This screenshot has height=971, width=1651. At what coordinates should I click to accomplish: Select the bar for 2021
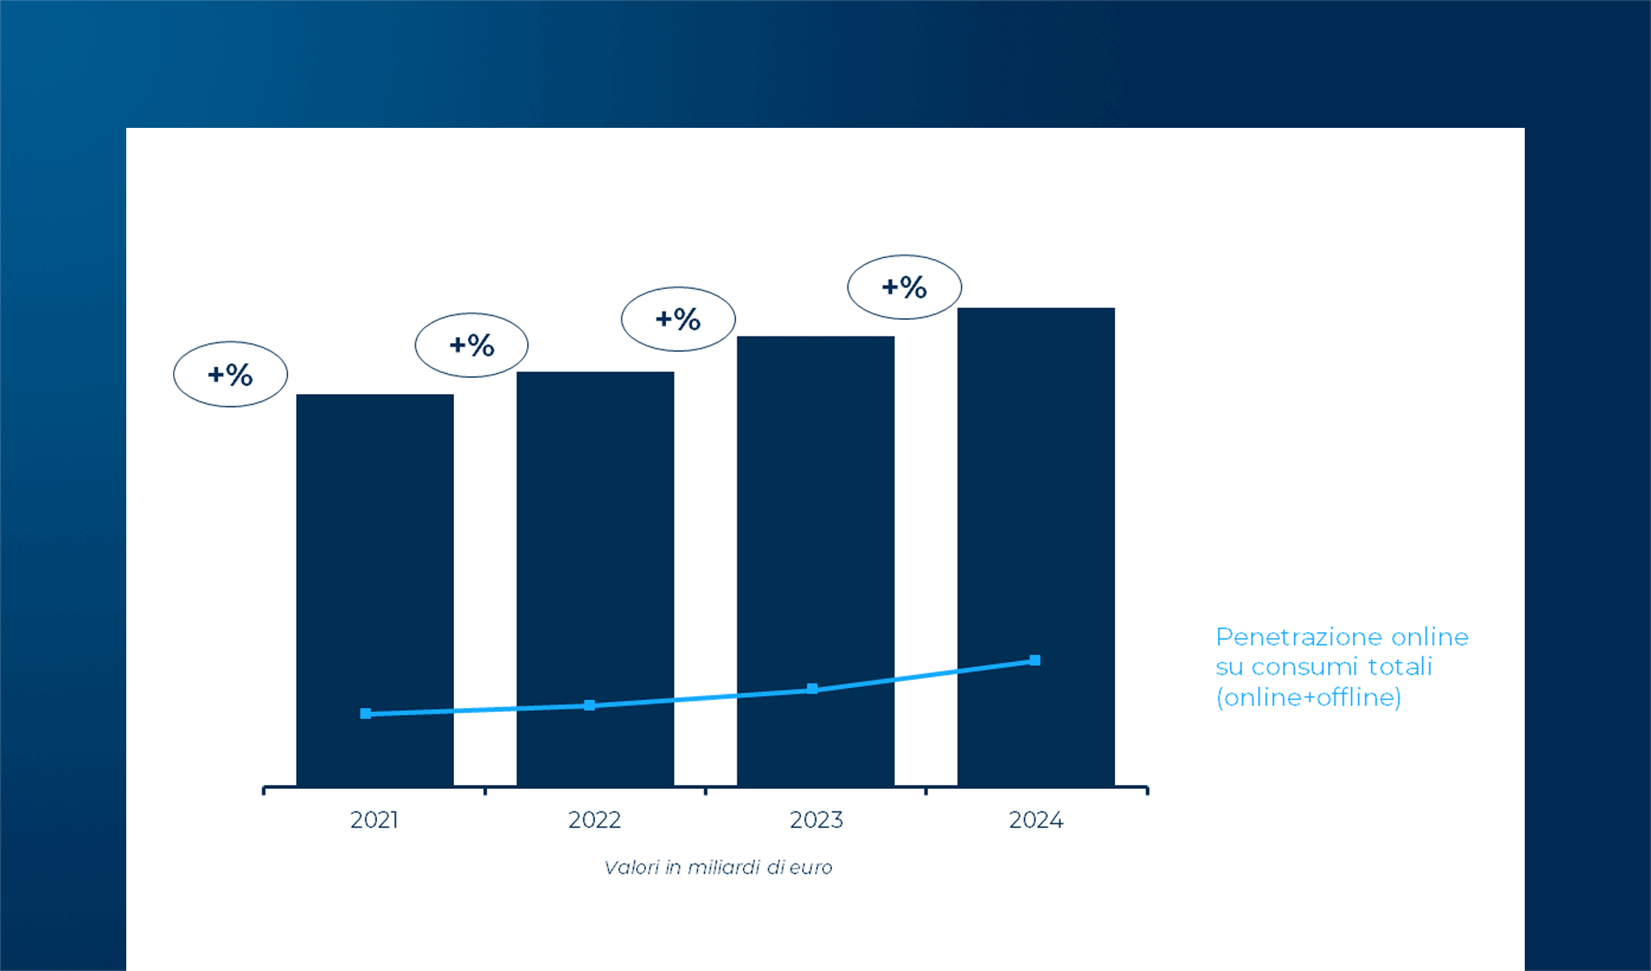375,566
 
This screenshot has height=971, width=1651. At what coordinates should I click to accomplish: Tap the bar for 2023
815,534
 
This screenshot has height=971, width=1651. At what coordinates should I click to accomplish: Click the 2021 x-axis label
374,820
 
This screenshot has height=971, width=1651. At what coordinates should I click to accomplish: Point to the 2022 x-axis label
594,820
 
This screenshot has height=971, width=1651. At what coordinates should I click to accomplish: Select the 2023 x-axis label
816,820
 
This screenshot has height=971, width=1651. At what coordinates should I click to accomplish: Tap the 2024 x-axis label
1036,820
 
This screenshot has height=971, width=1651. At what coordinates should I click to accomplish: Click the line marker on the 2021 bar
366,714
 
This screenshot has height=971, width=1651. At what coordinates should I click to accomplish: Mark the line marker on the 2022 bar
589,706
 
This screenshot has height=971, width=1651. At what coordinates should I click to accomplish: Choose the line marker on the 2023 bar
813,689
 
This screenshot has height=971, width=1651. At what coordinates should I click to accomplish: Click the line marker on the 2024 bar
1034,660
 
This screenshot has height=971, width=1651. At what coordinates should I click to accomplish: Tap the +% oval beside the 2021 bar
231,375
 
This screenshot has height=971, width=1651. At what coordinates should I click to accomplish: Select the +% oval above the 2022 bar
472,346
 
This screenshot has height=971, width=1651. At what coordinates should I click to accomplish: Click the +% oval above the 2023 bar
678,319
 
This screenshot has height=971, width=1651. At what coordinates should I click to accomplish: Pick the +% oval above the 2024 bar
905,287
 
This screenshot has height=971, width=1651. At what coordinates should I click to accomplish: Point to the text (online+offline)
1309,698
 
